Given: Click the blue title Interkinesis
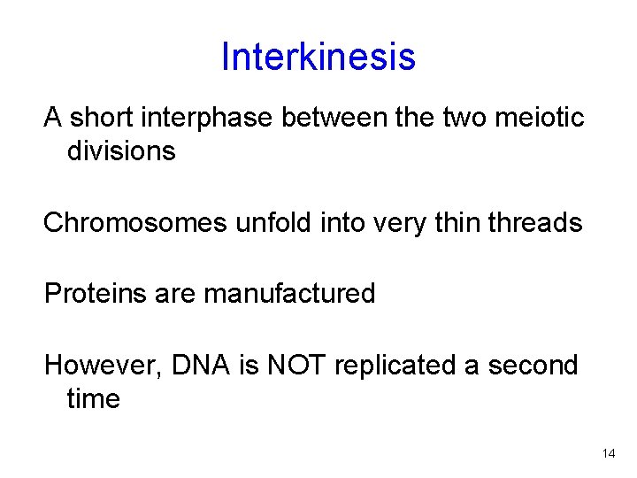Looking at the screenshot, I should tap(318, 57).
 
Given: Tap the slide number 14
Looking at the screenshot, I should tap(608, 454).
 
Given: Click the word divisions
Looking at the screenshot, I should tap(121, 151).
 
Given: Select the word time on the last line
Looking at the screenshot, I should tap(93, 399).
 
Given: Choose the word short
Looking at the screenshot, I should tap(100, 118).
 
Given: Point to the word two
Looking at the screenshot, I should tap(459, 118).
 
